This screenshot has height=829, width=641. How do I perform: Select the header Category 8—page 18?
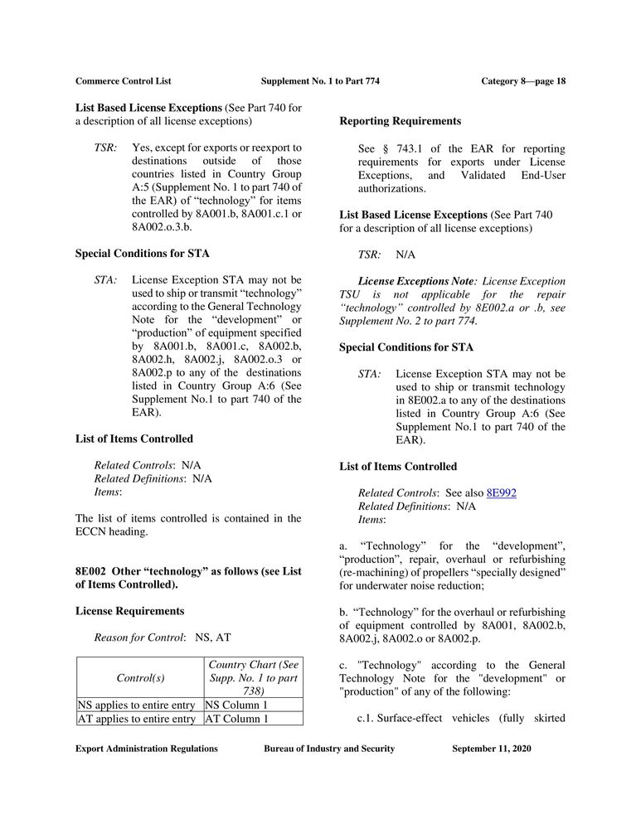point(523,81)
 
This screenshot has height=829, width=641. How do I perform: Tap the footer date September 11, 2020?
point(492,749)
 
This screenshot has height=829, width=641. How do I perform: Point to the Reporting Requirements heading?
point(400,121)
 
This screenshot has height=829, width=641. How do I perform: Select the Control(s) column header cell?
point(140,677)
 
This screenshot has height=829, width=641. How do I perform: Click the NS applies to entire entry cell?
point(140,705)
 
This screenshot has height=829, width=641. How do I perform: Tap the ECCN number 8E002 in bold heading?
point(91,571)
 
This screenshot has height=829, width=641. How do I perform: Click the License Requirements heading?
point(129,611)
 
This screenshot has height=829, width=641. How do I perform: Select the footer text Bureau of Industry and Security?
point(329,749)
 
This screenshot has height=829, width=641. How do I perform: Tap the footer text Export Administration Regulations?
point(147,749)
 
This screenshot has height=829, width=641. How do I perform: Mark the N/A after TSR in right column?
point(405,255)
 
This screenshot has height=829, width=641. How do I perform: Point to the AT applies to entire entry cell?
point(140,719)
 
